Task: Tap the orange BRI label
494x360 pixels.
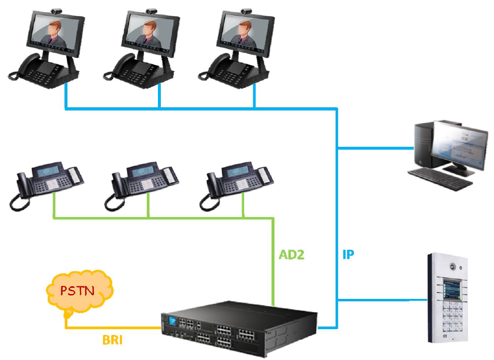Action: pyautogui.click(x=112, y=340)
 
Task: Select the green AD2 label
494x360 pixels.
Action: pyautogui.click(x=292, y=255)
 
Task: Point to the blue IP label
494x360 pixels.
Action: pyautogui.click(x=348, y=255)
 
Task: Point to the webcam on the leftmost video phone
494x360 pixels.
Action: pyautogui.click(x=57, y=10)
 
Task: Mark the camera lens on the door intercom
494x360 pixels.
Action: pyautogui.click(x=452, y=266)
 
